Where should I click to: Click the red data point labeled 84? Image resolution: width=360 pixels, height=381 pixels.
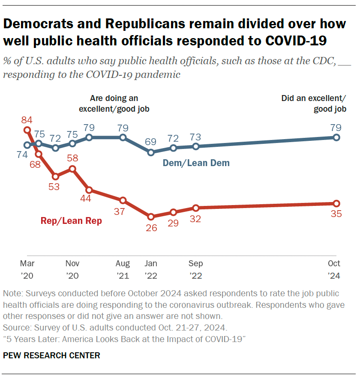point(27,130)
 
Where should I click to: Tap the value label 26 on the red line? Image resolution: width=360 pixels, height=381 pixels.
point(151,228)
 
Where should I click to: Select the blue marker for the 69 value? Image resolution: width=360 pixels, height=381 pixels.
point(151,152)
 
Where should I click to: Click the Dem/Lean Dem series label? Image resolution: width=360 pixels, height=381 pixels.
point(196,163)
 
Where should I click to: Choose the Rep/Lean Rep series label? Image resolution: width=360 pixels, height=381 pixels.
point(71,221)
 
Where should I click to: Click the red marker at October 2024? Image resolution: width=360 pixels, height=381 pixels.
point(336,203)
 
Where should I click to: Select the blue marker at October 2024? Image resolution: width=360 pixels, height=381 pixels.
point(336,137)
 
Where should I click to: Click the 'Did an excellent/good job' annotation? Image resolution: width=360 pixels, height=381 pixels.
point(314,104)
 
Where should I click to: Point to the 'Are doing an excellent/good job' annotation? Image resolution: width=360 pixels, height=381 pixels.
point(114,104)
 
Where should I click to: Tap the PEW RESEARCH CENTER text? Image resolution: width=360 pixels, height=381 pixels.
point(51,355)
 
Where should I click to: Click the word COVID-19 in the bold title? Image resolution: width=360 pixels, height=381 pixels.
point(296,41)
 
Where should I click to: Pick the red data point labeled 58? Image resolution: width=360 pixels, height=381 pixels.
point(72,169)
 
